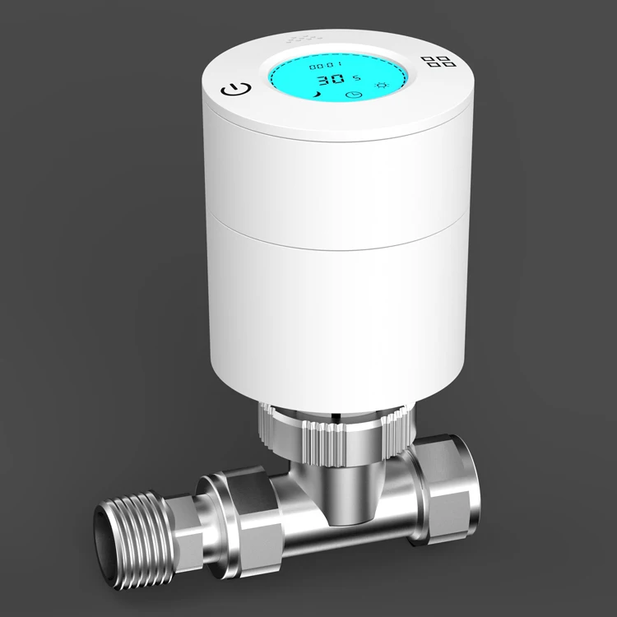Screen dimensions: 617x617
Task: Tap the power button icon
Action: (x=234, y=90)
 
